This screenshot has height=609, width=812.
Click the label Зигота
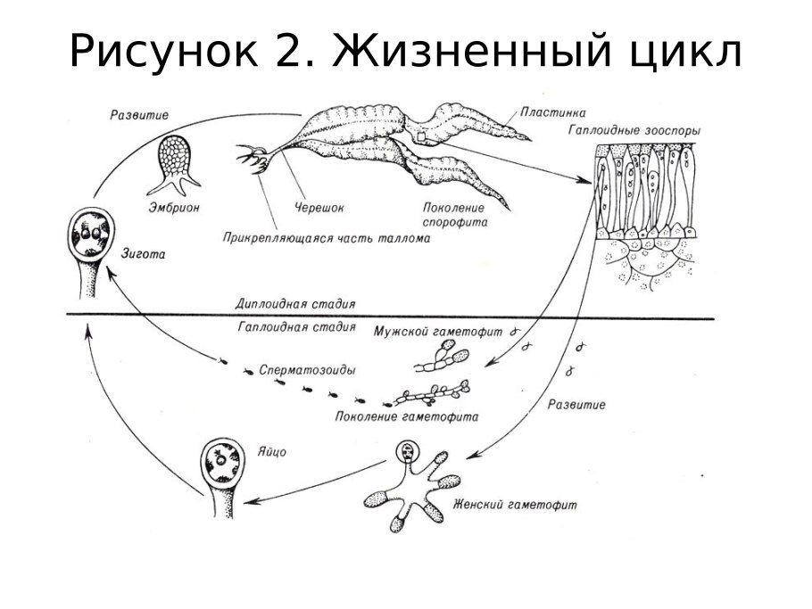coord(142,254)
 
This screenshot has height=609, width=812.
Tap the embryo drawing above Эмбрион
coord(177,164)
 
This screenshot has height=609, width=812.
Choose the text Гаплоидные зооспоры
coord(634,130)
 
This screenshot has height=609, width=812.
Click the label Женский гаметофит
coord(515,505)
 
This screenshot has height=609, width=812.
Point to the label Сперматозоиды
coord(307,368)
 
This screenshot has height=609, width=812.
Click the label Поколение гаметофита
coord(406,416)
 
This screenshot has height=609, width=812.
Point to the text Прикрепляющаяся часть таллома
coord(327,239)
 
